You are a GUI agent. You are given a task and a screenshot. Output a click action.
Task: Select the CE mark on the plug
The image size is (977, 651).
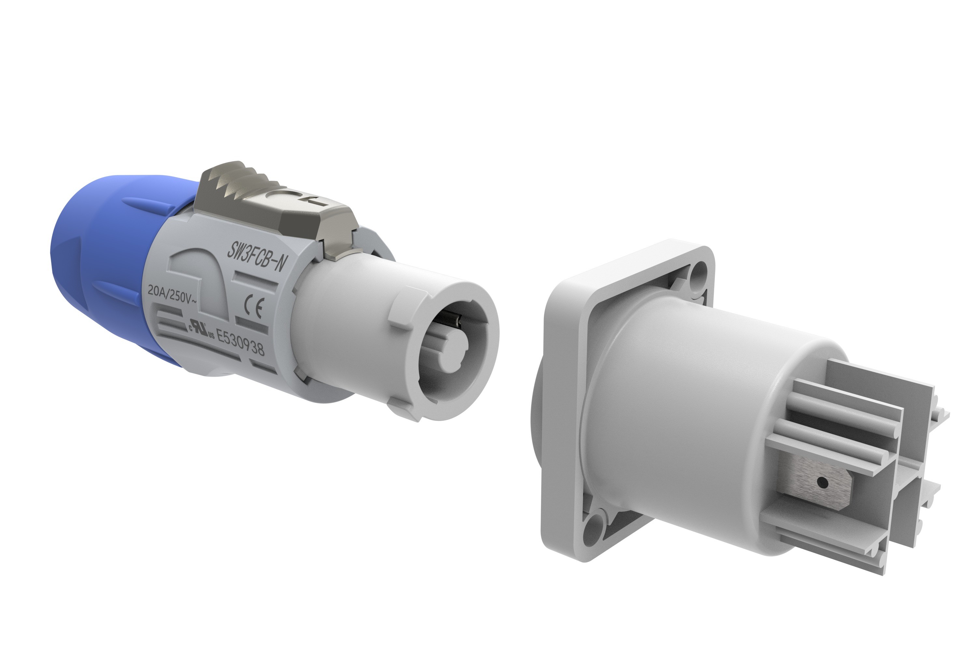253,308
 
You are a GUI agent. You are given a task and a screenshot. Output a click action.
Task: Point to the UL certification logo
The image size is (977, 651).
202,330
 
